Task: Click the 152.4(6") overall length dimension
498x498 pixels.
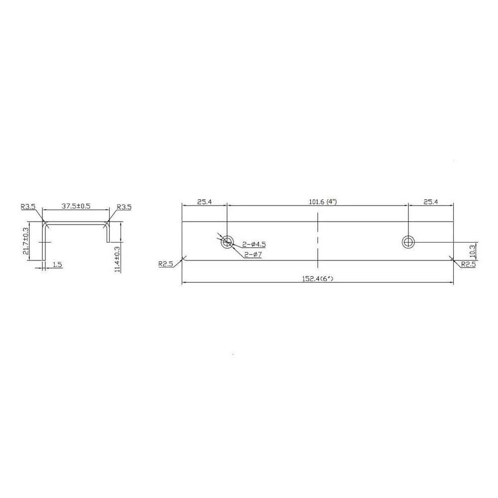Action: tap(317, 278)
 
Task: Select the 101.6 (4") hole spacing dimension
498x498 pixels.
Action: tap(323, 202)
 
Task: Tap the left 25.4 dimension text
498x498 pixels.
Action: tap(204, 202)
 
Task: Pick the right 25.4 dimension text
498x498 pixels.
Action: tap(431, 202)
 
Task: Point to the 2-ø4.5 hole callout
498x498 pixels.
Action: tap(254, 244)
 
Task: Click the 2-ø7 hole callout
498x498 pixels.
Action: tap(253, 254)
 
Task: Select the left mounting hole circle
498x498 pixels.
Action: tap(227, 243)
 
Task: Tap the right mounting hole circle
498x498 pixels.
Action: tap(408, 243)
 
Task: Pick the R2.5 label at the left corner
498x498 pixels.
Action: tap(165, 263)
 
